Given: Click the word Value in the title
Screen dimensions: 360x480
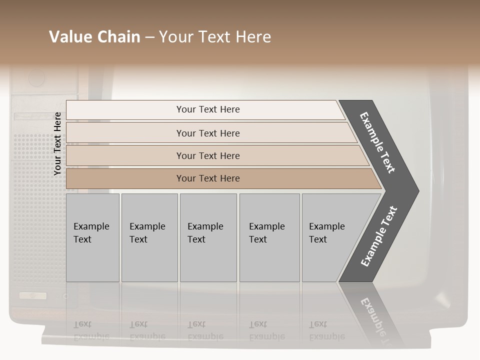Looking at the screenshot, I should pyautogui.click(x=69, y=37).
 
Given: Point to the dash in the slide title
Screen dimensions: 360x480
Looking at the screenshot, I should pyautogui.click(x=149, y=37).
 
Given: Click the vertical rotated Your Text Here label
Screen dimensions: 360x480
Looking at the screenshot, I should pyautogui.click(x=57, y=143).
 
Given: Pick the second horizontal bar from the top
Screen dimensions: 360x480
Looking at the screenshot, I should pyautogui.click(x=208, y=133).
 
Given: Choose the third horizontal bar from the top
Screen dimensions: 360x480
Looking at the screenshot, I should pyautogui.click(x=208, y=155).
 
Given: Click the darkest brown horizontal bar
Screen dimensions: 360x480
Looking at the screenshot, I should pyautogui.click(x=208, y=178).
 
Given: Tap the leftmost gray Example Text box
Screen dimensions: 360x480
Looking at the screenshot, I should pyautogui.click(x=92, y=237).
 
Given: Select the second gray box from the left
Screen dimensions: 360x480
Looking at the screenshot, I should pyautogui.click(x=149, y=237).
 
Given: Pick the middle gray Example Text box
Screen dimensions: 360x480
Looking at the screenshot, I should pyautogui.click(x=208, y=237).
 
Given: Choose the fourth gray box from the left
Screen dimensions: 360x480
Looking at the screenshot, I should pyautogui.click(x=269, y=237).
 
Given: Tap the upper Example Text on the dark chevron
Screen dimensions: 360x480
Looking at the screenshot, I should pyautogui.click(x=378, y=142).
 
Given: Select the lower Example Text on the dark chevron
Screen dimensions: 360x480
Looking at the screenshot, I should pyautogui.click(x=379, y=236).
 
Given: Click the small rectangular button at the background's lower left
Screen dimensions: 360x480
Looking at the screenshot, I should pyautogui.click(x=33, y=295).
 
